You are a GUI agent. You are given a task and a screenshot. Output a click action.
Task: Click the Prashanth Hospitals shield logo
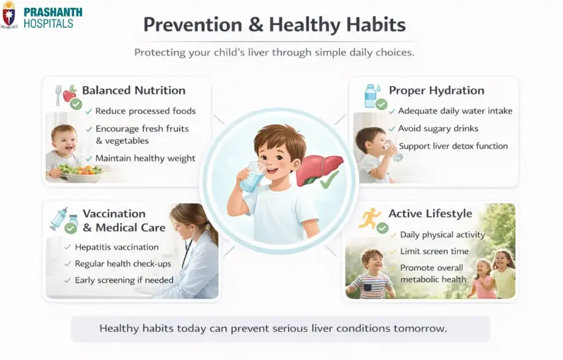(x=9, y=15)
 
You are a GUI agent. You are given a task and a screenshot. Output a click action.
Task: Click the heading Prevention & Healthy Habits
(x=274, y=25)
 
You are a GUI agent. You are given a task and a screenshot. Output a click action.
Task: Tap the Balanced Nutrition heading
(x=134, y=91)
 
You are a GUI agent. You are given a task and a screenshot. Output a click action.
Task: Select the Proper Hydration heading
(x=437, y=91)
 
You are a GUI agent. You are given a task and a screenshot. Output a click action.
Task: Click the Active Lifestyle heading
(x=430, y=214)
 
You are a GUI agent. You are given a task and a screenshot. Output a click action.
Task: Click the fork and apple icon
(x=65, y=95)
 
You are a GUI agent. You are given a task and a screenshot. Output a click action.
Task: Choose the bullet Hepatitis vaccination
(x=117, y=247)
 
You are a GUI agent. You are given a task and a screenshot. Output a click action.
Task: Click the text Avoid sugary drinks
(x=438, y=129)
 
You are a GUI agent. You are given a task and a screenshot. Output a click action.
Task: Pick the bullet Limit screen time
(x=434, y=251)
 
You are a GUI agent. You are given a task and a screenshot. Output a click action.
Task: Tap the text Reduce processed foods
(x=145, y=111)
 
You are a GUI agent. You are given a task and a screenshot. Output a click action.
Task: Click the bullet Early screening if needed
(x=124, y=280)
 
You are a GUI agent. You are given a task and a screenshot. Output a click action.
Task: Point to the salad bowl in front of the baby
(x=81, y=173)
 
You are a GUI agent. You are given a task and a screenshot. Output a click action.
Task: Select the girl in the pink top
(x=482, y=280)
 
